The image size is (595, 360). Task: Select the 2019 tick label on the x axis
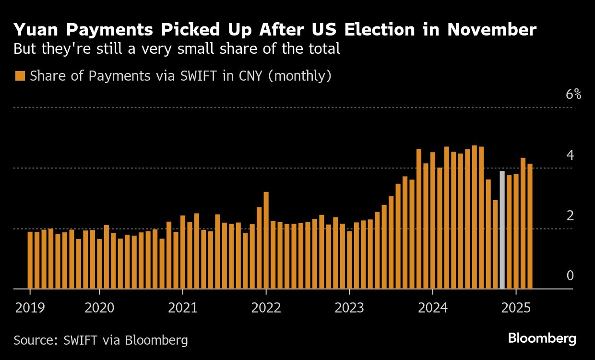click(x=30, y=308)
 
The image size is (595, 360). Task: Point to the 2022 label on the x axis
click(x=266, y=308)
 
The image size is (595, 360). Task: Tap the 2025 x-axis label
click(x=516, y=308)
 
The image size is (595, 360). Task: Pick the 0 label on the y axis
click(x=570, y=276)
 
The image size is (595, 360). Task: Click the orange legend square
click(x=20, y=76)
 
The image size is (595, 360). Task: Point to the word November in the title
click(x=492, y=30)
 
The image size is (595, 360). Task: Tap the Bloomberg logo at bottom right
click(x=542, y=339)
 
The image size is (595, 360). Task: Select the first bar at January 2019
click(x=30, y=260)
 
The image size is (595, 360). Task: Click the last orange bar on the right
click(x=530, y=227)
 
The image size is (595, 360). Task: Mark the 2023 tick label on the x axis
click(x=349, y=308)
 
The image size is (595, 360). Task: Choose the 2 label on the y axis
click(x=570, y=216)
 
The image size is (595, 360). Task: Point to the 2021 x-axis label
click(x=182, y=308)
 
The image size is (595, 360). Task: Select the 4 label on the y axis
click(x=570, y=155)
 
